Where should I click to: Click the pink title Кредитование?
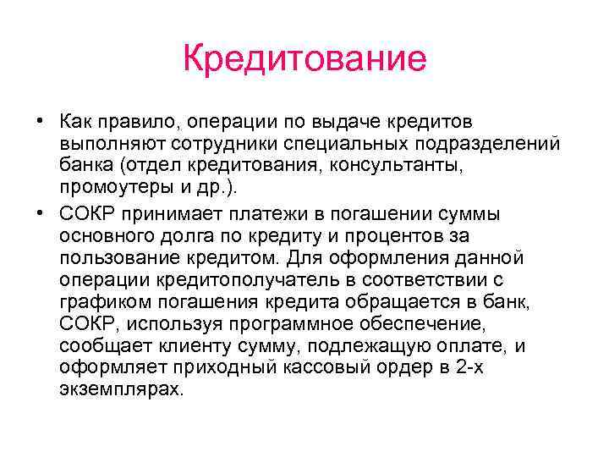click(304, 58)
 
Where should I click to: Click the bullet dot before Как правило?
click(40, 124)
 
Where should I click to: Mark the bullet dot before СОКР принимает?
click(40, 212)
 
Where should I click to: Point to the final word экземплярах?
click(121, 388)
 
